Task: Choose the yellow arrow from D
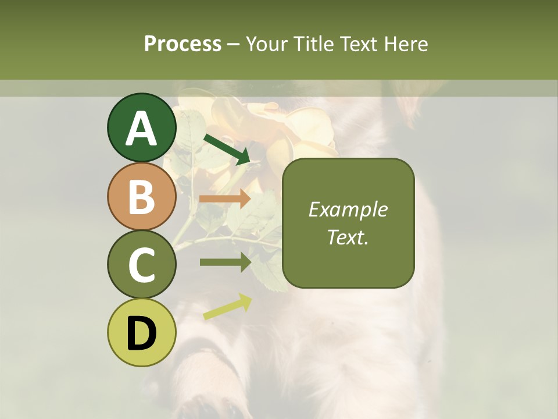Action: click(x=227, y=307)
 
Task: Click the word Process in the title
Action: click(x=183, y=44)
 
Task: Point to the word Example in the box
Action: click(x=348, y=210)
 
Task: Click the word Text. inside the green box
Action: click(x=348, y=237)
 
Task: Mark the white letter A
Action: click(x=141, y=128)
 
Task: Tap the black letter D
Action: click(x=141, y=333)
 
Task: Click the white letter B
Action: click(x=141, y=197)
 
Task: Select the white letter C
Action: click(x=141, y=265)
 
